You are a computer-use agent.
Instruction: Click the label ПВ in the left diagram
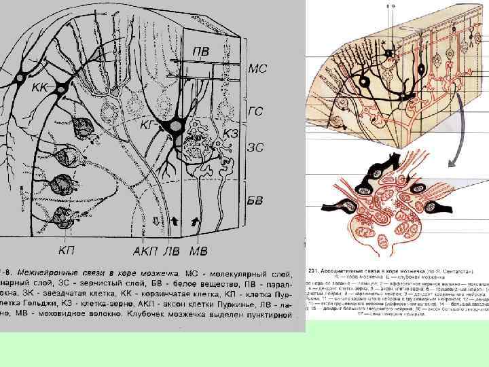[201, 51]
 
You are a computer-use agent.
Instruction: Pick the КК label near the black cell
[39, 88]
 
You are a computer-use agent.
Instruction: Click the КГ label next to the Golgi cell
[148, 125]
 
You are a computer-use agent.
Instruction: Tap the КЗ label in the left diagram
[231, 134]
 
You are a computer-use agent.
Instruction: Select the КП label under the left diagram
[67, 251]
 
